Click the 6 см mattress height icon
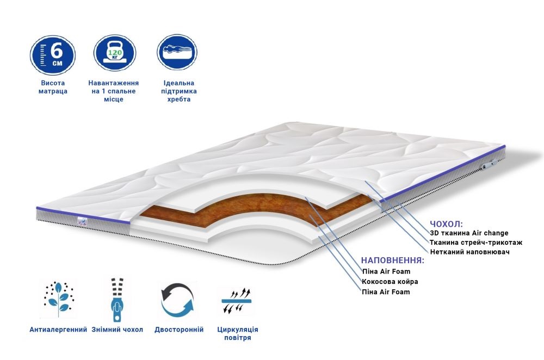pyautogui.click(x=53, y=54)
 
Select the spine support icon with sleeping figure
pyautogui.click(x=176, y=54)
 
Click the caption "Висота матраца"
pyautogui.click(x=53, y=87)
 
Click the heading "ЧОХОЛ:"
pyautogui.click(x=446, y=224)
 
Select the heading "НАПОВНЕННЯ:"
pyautogui.click(x=392, y=260)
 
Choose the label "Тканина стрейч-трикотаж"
pyautogui.click(x=473, y=243)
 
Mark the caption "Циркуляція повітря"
pyautogui.click(x=237, y=334)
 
